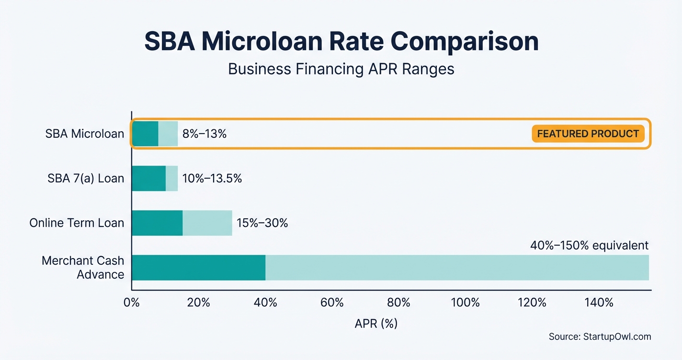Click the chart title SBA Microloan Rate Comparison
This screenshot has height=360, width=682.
(341, 42)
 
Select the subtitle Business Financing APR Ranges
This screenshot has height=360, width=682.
(341, 69)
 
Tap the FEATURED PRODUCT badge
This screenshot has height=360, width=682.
(588, 134)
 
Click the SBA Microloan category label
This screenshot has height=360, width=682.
(85, 134)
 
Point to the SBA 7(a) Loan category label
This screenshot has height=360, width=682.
(86, 179)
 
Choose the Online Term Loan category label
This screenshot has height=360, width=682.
(77, 223)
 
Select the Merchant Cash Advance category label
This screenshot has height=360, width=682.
(83, 268)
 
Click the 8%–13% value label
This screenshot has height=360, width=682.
(205, 134)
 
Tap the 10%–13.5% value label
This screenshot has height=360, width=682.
(212, 179)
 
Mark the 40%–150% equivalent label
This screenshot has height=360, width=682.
(589, 246)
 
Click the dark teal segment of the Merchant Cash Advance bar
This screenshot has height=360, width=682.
(199, 268)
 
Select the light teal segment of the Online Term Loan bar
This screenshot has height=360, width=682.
(207, 223)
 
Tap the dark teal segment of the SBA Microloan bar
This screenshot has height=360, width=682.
(145, 134)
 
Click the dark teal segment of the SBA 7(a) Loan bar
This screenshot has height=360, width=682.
(149, 179)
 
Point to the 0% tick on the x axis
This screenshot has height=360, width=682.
(131, 303)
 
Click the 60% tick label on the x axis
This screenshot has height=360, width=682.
(332, 303)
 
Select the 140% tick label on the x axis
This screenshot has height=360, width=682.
(599, 303)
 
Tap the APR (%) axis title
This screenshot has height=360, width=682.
(376, 324)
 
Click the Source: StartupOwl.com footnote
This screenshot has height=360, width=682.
(600, 337)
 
